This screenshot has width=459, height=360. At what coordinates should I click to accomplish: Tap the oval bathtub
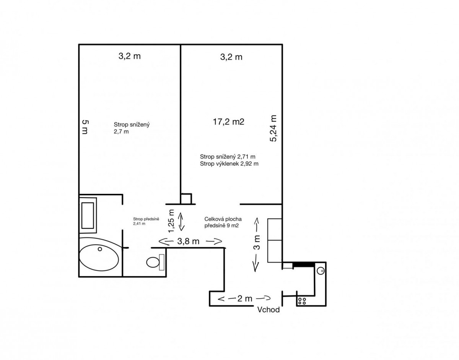[99, 258]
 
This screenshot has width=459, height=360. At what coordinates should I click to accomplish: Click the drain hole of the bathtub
[100, 249]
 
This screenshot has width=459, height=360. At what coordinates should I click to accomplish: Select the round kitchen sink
[321, 271]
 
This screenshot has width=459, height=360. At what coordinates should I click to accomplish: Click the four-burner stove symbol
[302, 301]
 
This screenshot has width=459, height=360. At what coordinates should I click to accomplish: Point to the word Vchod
[268, 310]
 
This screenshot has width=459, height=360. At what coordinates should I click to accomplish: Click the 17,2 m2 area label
[228, 122]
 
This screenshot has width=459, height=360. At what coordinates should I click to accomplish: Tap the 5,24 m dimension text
[273, 128]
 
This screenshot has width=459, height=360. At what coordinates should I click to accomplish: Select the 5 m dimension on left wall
[85, 127]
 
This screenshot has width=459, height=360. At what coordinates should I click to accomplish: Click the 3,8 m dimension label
[188, 241]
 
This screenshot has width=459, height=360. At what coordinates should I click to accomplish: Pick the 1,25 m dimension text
[171, 221]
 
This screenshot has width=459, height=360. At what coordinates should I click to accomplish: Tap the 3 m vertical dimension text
[257, 242]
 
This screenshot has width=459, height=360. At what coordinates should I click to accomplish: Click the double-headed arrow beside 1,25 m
[181, 221]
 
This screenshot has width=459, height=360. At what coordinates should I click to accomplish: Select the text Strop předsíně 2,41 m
[146, 221]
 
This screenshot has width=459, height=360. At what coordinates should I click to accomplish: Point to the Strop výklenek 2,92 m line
[229, 164]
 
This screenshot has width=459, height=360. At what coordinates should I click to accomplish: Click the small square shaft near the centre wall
[186, 199]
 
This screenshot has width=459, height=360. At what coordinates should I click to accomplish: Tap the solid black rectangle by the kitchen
[303, 264]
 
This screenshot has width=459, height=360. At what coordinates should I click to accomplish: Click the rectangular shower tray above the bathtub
[88, 216]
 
